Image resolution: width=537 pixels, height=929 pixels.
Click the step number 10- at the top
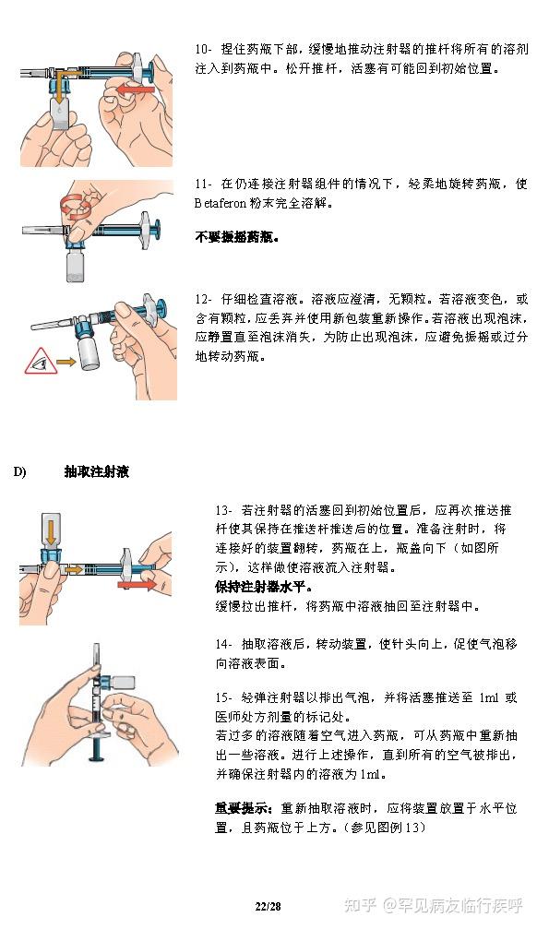tap(203, 48)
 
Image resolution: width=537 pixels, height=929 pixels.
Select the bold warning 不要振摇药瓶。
tap(237, 237)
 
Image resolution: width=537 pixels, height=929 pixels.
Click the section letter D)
tap(19, 472)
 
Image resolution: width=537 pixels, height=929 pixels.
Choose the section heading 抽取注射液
tap(97, 472)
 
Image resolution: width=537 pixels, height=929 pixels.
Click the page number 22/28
tap(268, 907)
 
